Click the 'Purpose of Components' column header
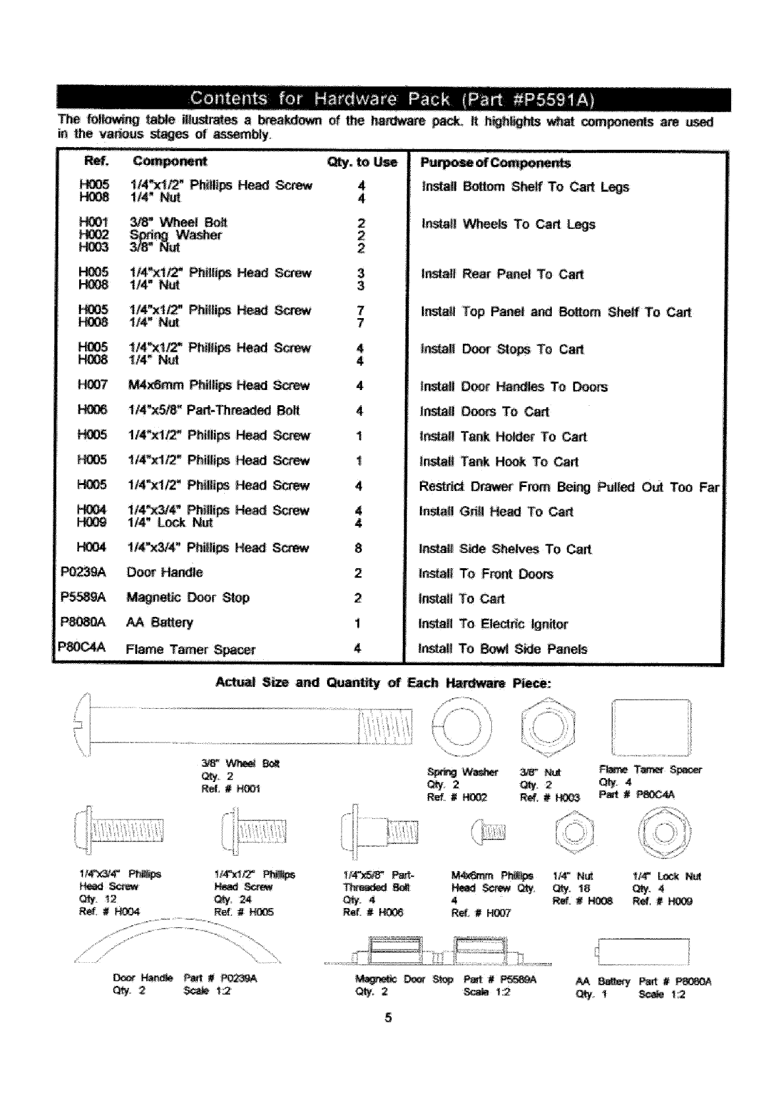point(495,163)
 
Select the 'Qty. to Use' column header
point(362,162)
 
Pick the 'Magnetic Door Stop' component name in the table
point(188,597)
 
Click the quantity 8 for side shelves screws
point(358,548)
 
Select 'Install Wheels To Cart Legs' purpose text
point(508,224)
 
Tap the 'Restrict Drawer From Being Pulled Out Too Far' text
point(568,487)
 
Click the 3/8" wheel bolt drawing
point(244,725)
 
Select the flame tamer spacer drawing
point(651,727)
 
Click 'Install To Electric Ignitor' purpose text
point(493,624)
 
